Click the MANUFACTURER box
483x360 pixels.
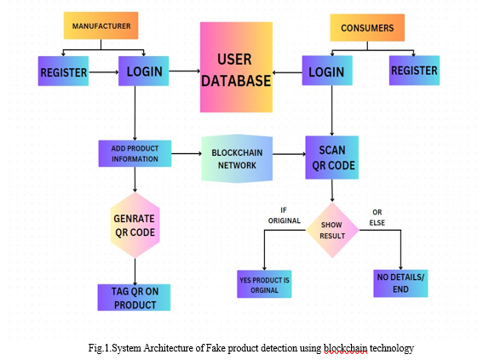pos(101,26)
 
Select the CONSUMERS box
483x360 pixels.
pos(367,28)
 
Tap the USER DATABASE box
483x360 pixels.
pos(236,67)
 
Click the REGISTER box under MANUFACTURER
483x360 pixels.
pos(63,71)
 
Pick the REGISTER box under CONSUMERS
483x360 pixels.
pos(414,71)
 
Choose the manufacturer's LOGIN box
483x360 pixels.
pos(144,71)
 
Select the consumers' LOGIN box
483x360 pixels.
pos(327,71)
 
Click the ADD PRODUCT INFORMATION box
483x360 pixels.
pos(135,153)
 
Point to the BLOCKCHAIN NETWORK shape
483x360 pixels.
pos(237,158)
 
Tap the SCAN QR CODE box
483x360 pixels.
pos(331,157)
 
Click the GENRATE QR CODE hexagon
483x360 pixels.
pos(135,226)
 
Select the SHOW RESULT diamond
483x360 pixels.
pos(332,230)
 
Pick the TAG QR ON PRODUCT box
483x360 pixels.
pos(134,297)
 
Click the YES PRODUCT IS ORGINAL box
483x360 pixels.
pos(264,284)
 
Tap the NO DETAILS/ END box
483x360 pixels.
pos(400,283)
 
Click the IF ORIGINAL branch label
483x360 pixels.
pos(284,215)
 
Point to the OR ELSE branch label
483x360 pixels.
pos(377,218)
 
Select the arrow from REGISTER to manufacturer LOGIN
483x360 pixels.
pos(104,72)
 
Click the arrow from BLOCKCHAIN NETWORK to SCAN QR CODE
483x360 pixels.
pos(289,154)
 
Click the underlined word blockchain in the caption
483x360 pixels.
pos(345,348)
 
